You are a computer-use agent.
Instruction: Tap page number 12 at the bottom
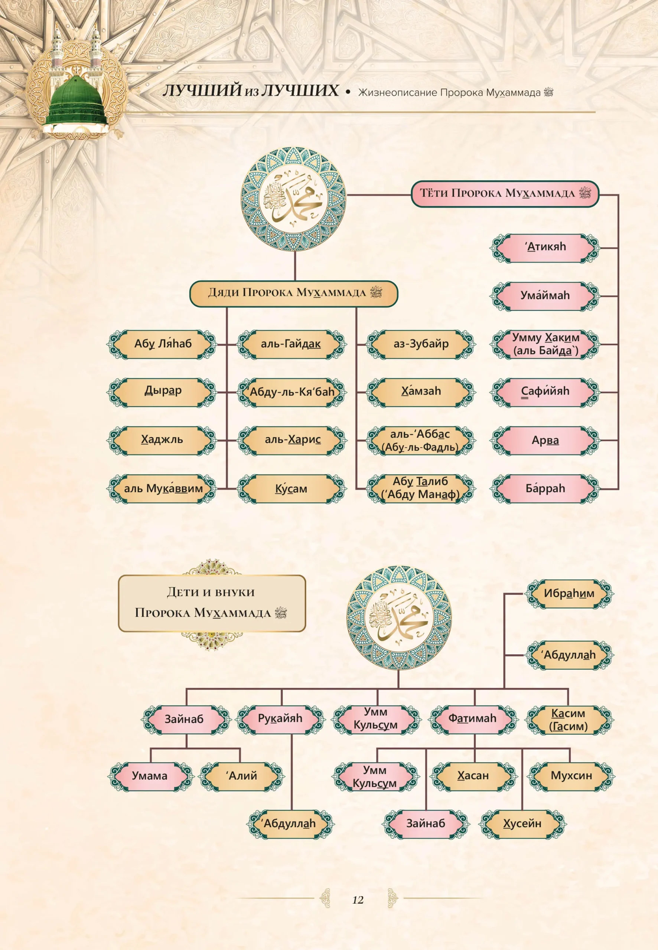(358, 900)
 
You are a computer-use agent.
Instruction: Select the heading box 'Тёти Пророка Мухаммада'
(505, 194)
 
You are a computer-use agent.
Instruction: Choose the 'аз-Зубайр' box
(421, 344)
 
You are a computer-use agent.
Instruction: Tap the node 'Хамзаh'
(421, 392)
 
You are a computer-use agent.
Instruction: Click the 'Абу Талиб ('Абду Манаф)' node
(421, 489)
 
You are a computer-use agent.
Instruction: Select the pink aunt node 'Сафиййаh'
(545, 392)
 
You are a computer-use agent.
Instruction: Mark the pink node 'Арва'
(545, 440)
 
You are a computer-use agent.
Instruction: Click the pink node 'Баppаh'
(545, 489)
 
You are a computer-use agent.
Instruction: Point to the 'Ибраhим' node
(569, 594)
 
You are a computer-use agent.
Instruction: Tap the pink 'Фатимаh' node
(473, 719)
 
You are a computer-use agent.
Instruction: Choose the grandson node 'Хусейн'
(522, 824)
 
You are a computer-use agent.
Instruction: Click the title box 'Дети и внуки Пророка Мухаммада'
(212, 603)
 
